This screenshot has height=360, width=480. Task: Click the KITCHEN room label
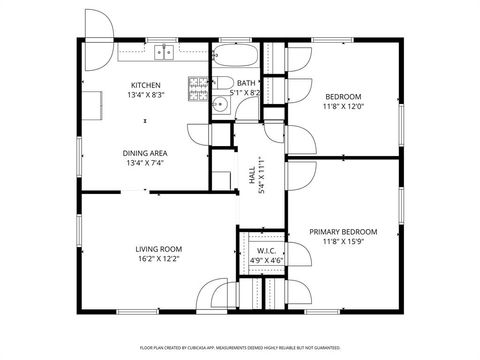pos(146,85)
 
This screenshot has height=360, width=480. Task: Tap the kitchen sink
pos(163,51)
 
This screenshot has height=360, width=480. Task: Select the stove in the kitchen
pos(197,91)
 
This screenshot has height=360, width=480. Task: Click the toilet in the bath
pos(226,83)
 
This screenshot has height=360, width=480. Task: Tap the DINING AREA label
pos(145,153)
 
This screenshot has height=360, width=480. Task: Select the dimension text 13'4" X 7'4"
pos(145,163)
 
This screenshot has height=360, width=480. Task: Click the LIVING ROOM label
pos(158,248)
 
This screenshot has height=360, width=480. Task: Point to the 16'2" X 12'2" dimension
pos(158,259)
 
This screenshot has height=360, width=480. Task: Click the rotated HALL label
pos(252,175)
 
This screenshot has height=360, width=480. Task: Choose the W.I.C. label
pos(266,250)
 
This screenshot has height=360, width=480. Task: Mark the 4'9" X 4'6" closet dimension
pos(266,260)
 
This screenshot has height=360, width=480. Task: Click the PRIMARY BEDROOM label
pos(344,231)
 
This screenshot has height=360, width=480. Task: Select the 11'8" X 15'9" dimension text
pos(344,241)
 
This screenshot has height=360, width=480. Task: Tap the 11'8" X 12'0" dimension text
pos(344,107)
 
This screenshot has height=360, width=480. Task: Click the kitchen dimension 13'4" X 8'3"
pos(146,95)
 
